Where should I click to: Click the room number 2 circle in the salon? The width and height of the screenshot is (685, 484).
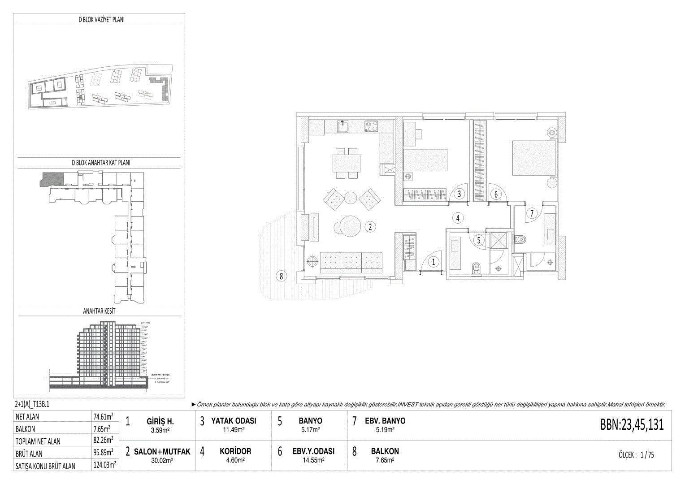370,227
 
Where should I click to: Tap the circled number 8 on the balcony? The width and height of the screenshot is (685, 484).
281,276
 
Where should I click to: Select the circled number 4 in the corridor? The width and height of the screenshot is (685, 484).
457,218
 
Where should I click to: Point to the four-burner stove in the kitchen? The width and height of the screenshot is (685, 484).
371,126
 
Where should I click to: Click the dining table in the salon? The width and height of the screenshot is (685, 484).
346,164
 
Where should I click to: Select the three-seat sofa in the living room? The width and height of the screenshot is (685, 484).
351,262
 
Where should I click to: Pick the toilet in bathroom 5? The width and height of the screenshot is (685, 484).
476,268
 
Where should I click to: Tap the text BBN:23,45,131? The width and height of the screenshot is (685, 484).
632,424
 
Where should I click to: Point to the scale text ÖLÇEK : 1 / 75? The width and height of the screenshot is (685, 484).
636,455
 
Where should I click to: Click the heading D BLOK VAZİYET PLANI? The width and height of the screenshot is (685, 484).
101,20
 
